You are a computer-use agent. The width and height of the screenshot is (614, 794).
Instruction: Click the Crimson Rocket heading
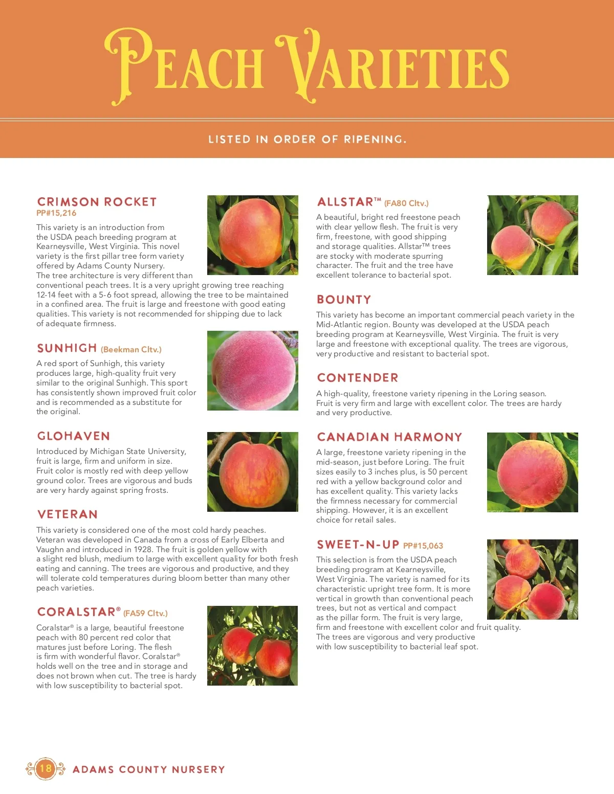(97, 202)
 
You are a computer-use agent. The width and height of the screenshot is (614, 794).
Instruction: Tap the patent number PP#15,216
(56, 213)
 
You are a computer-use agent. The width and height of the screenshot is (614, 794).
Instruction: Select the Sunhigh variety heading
(67, 348)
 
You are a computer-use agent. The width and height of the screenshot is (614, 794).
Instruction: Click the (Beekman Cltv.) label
(131, 350)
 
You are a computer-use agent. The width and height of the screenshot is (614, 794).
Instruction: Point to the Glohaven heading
(74, 436)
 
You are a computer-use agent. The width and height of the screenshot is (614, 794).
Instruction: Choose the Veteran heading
(68, 514)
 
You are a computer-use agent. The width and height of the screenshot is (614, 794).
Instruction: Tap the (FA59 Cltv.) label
(145, 613)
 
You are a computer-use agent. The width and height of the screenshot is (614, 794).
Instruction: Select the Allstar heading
(345, 202)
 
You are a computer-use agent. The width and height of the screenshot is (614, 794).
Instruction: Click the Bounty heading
(344, 300)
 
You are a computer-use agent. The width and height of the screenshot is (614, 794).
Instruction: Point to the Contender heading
(358, 378)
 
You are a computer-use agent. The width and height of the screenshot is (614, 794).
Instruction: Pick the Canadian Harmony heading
(389, 437)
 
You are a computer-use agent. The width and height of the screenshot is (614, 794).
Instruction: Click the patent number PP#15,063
(423, 546)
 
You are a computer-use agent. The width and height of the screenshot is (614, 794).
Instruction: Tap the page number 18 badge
(46, 768)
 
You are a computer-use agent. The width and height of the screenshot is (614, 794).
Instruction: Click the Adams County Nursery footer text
(149, 769)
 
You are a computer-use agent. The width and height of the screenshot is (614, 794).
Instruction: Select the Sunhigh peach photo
(253, 370)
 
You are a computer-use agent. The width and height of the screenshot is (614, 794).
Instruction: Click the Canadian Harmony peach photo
(532, 472)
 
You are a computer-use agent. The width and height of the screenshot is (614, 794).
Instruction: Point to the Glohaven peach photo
(253, 471)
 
